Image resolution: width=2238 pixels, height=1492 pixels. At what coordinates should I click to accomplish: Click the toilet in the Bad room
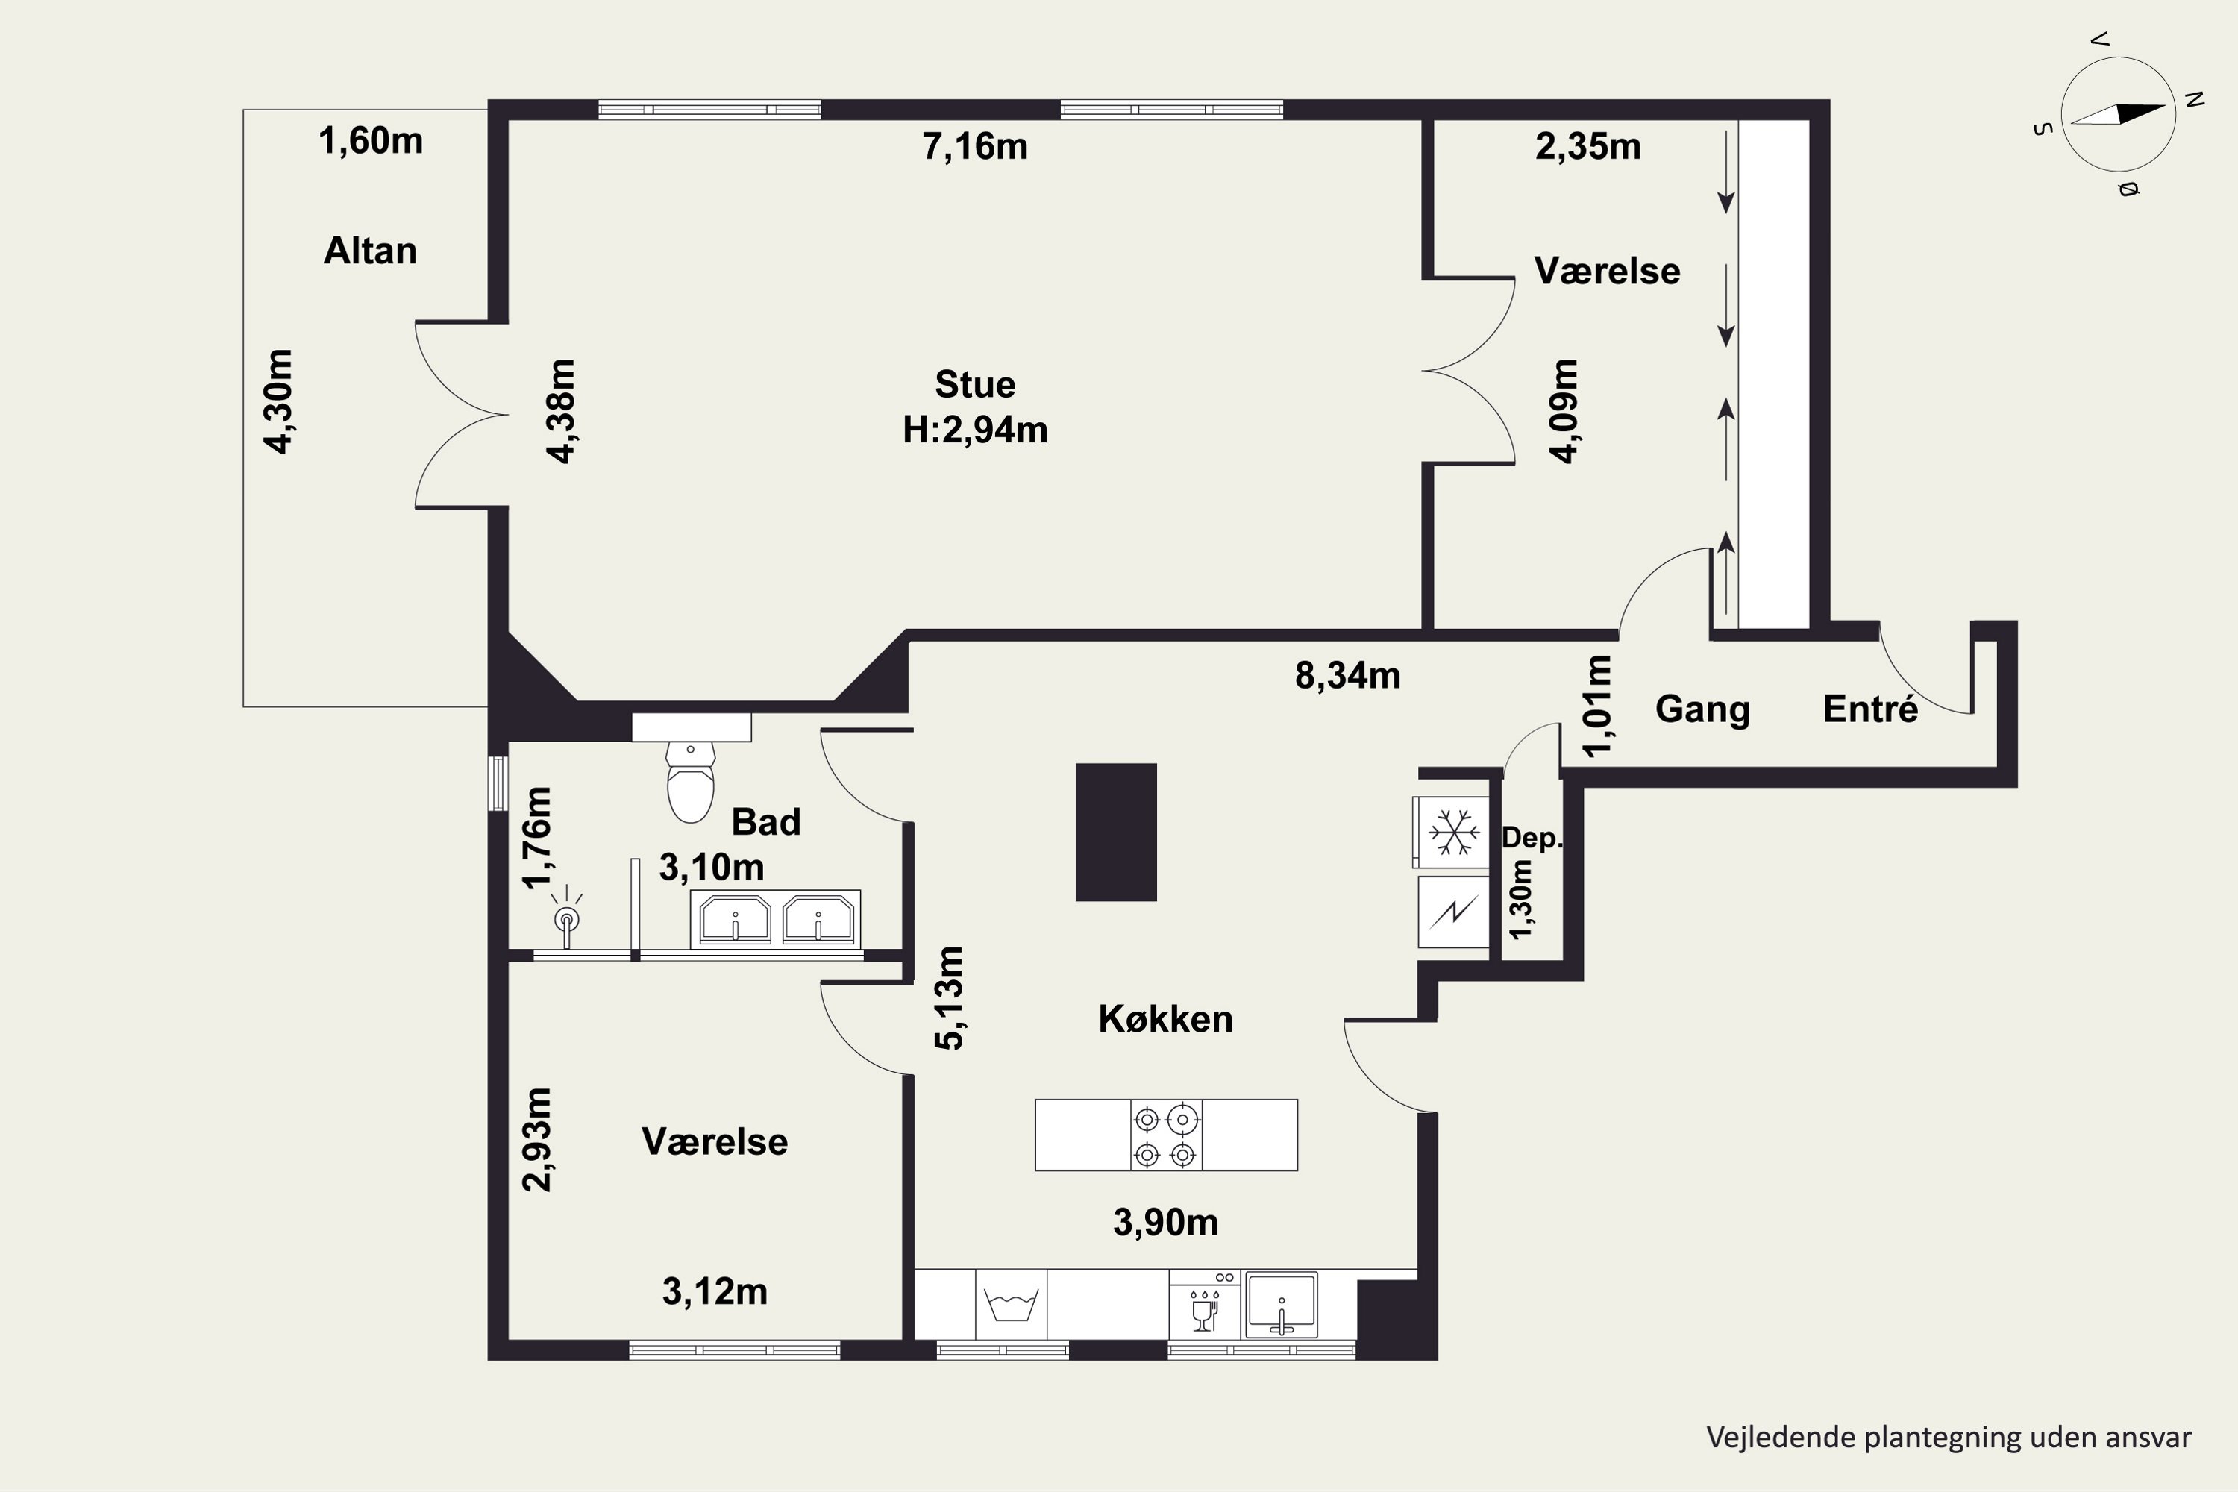tap(690, 781)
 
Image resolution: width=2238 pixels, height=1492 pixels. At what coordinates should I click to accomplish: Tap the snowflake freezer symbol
tap(1454, 832)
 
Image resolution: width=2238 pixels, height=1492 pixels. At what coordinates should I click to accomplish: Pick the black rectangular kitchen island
tap(1116, 832)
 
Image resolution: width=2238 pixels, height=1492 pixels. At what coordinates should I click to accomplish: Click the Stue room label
tap(975, 384)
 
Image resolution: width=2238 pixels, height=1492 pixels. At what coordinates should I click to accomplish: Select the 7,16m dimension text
tap(975, 146)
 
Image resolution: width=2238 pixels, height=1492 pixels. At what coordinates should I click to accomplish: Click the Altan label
tap(370, 250)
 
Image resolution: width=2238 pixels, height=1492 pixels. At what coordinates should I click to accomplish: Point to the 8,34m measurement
tap(1347, 676)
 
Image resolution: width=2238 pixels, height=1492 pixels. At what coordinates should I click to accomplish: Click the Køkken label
tap(1165, 1019)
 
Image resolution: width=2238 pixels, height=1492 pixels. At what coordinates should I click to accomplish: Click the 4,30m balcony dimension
tap(280, 401)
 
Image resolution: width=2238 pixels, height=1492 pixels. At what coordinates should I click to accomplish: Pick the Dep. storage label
tap(1531, 839)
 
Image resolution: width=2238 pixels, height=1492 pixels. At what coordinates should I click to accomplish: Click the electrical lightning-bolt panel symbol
tap(1454, 912)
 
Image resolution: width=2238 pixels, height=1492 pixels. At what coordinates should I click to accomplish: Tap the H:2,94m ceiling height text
tap(975, 430)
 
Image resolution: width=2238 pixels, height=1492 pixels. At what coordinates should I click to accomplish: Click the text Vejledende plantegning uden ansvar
tap(1949, 1437)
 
